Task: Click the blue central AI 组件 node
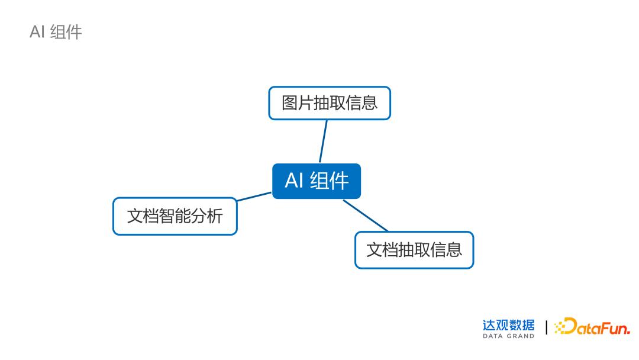[x=316, y=181]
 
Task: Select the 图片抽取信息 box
[x=330, y=103]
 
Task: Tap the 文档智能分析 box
[x=175, y=216]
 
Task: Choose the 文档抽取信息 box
[x=414, y=250]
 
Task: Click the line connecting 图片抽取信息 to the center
[x=324, y=141]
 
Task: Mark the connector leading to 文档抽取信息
[x=366, y=216]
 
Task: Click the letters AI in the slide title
[x=37, y=32]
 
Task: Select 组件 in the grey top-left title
[x=66, y=32]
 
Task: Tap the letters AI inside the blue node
[x=294, y=181]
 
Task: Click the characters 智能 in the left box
[x=175, y=216]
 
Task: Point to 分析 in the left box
[x=206, y=216]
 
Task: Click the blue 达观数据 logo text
[x=508, y=325]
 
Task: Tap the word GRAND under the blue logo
[x=520, y=336]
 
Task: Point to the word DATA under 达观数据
[x=492, y=336]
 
